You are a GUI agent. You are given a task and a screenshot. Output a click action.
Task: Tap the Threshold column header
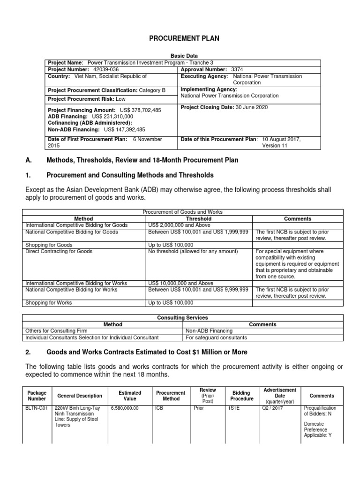coord(199,218)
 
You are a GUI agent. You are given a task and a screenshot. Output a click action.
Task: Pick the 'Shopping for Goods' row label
coord(49,245)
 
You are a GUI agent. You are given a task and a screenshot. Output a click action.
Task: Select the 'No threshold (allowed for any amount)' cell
coord(193,251)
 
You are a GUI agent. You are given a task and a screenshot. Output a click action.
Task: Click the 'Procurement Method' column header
coord(171,396)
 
